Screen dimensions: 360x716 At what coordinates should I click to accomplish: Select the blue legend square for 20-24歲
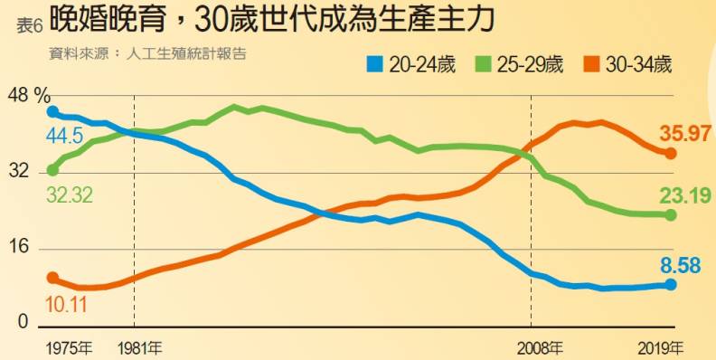(375, 64)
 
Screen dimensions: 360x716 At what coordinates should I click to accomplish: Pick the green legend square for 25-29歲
(481, 64)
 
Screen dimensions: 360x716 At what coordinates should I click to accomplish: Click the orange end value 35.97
(684, 134)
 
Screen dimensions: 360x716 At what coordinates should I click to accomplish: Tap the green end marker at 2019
(670, 214)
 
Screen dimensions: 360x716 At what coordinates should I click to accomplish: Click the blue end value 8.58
(684, 265)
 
